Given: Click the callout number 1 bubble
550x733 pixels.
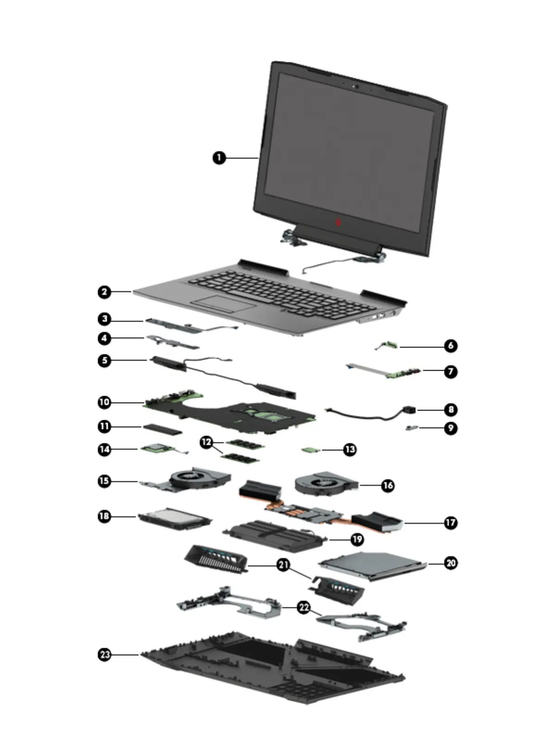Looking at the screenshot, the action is [219, 158].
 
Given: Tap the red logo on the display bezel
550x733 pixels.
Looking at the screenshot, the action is [339, 223].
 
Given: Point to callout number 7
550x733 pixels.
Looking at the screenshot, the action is [450, 371].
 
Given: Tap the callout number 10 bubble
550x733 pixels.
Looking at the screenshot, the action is [105, 402].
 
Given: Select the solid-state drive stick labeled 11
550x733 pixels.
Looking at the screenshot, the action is [163, 429].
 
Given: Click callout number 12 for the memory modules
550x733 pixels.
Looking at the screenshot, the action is [206, 442].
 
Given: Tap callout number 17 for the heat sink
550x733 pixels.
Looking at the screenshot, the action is [450, 522].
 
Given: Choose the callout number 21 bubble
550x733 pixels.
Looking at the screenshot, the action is [283, 565].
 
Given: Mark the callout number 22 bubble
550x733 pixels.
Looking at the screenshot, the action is [303, 607].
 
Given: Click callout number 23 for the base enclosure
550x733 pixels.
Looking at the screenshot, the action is [105, 654].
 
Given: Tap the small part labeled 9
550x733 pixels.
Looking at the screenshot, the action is [412, 429].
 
